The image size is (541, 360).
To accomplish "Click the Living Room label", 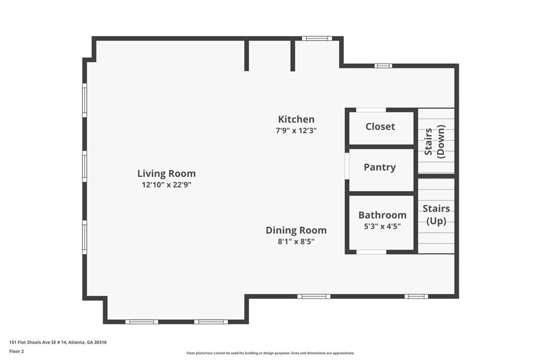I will click(166, 173).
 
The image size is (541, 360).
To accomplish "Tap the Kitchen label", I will click(296, 119).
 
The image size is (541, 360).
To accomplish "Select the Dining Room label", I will click(296, 230).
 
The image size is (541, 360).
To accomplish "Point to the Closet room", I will click(380, 127).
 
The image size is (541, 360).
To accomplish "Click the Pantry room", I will click(380, 167).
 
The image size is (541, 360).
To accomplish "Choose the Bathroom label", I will click(383, 215).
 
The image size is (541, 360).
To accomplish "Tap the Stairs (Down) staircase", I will click(436, 141).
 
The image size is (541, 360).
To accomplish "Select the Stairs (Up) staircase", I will click(436, 215).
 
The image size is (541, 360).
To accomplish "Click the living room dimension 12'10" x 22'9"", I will click(166, 185).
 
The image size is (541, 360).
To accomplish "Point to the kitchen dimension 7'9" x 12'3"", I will click(296, 130).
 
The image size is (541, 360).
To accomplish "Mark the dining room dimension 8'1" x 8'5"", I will click(296, 241).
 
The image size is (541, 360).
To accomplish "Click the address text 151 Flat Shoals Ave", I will click(58, 342).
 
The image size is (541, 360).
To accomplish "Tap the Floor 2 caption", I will click(16, 350).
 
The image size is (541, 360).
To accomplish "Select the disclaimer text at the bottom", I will click(270, 353).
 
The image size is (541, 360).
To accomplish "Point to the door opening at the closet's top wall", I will click(371, 110).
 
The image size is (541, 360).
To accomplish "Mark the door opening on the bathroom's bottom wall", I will click(371, 252).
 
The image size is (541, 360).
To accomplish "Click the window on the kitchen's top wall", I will click(317, 39).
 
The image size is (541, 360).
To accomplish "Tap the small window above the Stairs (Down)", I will click(383, 65).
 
